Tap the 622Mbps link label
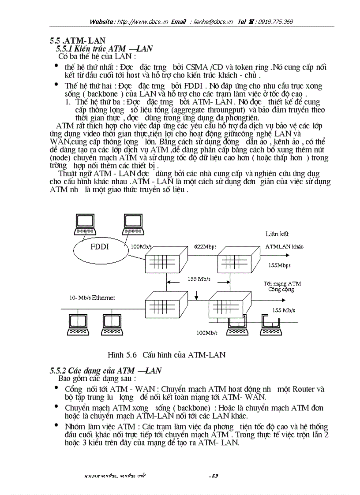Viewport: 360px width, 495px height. click(205, 247)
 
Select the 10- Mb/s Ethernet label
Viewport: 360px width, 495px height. click(92, 298)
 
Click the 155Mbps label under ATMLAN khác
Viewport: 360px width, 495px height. click(279, 266)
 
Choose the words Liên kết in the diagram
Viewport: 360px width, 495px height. click(277, 234)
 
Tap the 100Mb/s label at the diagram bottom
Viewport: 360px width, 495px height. click(207, 333)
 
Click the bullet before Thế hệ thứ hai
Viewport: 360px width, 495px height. click(56, 84)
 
